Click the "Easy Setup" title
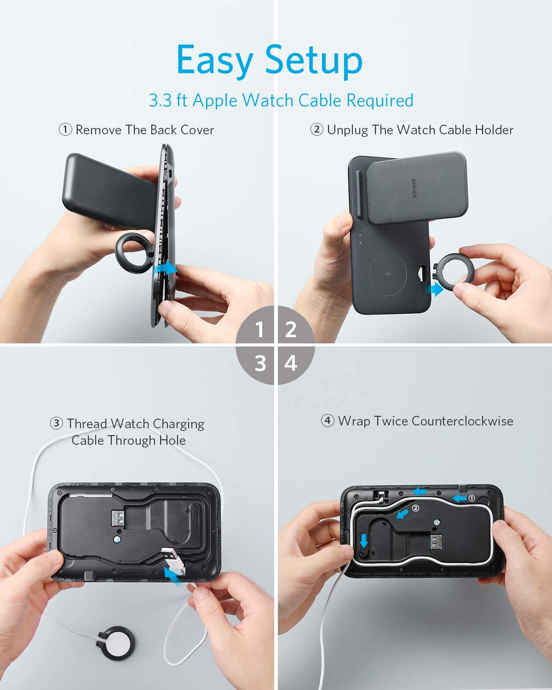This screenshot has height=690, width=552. point(270,61)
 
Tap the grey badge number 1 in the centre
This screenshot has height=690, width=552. point(259,330)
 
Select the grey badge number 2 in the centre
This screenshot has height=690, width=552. point(291,330)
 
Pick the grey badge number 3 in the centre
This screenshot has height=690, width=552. point(260,363)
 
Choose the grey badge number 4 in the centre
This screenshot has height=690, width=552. point(291,363)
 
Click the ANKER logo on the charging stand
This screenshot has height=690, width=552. point(414,189)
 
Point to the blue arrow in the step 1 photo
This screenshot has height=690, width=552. point(165,268)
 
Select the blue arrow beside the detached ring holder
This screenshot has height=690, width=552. point(435,289)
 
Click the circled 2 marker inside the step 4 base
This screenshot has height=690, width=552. point(415,508)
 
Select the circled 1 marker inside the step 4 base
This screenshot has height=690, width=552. point(471,498)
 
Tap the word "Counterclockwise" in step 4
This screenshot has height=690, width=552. point(462,421)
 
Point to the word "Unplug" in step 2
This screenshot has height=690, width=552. point(347,130)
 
